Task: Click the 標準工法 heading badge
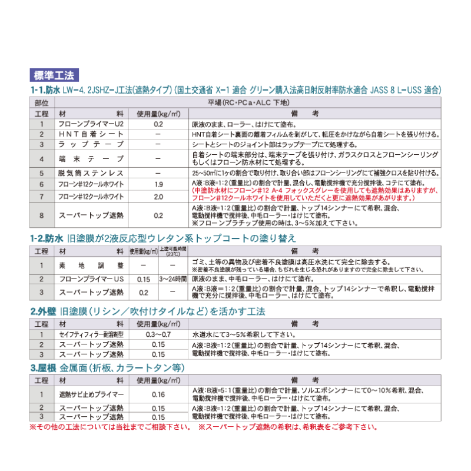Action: (x=53, y=75)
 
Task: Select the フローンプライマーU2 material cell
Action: (x=91, y=124)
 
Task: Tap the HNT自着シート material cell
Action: (x=91, y=134)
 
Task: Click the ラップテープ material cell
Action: (x=91, y=144)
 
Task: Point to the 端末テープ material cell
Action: (x=91, y=158)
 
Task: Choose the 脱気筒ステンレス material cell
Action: (x=91, y=173)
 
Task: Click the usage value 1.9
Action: (x=158, y=184)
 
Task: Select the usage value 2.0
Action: (x=158, y=196)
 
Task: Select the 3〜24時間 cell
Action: (x=173, y=278)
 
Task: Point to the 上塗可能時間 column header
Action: (x=173, y=251)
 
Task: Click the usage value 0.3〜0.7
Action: (x=158, y=334)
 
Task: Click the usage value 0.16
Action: (x=158, y=394)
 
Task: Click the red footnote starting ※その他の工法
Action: (x=110, y=427)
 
